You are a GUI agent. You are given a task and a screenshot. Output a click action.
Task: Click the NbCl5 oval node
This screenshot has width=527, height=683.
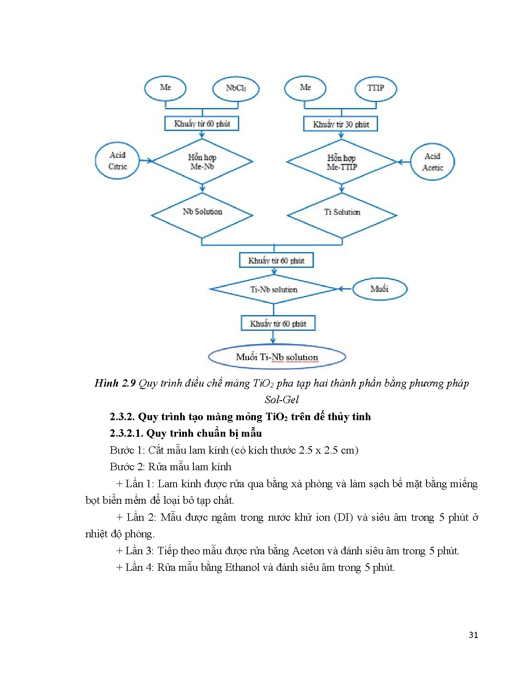[236, 89]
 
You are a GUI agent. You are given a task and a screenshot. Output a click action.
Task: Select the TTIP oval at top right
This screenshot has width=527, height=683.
[375, 88]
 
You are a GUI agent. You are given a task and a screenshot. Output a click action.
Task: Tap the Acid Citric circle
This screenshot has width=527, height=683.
[117, 161]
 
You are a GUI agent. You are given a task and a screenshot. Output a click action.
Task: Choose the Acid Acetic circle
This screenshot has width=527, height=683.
[432, 162]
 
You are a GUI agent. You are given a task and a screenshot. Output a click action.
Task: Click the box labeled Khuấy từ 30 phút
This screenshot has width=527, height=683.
[341, 124]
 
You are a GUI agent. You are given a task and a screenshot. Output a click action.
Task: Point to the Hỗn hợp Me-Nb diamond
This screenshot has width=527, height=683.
[202, 162]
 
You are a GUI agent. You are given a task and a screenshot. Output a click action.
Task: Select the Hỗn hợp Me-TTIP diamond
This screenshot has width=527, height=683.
[341, 162]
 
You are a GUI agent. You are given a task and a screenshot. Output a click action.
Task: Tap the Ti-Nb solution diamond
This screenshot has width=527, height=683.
[274, 289]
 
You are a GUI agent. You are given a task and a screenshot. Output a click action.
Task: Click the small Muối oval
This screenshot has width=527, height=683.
[379, 289]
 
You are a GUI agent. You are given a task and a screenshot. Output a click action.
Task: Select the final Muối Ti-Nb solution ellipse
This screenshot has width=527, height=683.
[277, 357]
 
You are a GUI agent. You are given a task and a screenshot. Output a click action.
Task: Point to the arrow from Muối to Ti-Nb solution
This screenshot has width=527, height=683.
[345, 289]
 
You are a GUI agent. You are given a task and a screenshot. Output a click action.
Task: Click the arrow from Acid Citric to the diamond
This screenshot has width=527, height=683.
[145, 161]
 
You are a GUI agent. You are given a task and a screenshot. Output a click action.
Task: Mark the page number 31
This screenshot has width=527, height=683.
[474, 635]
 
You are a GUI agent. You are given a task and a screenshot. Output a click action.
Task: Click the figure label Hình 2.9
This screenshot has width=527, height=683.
[115, 383]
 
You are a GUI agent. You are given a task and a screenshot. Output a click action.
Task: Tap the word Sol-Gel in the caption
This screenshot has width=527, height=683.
[281, 399]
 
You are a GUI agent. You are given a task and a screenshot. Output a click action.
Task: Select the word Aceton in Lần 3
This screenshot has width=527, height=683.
[308, 551]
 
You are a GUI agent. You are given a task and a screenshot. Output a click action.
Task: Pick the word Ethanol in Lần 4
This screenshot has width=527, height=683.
[242, 568]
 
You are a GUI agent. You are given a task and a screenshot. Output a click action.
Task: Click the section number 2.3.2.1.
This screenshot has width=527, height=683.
[126, 433]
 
